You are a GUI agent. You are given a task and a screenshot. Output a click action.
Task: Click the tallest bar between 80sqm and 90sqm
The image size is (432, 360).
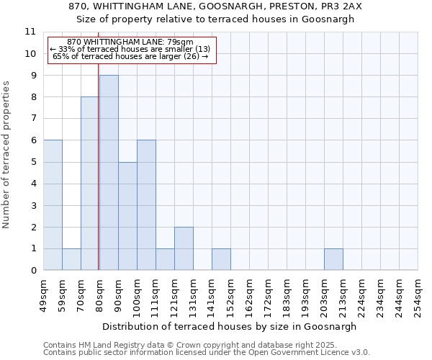click(x=109, y=173)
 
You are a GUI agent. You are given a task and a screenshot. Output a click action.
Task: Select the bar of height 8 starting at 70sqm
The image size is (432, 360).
click(x=90, y=184)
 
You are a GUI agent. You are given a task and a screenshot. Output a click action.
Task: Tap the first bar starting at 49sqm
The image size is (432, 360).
click(x=53, y=205)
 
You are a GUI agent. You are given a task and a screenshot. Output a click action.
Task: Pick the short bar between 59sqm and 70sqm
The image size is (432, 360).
click(x=71, y=259)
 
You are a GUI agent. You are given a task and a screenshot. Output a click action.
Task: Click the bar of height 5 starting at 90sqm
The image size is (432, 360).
click(x=127, y=216)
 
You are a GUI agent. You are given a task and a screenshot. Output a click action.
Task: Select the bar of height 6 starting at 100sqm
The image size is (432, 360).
click(x=146, y=205)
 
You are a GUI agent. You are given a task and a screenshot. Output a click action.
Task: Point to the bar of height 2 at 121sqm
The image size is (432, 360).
click(x=184, y=248)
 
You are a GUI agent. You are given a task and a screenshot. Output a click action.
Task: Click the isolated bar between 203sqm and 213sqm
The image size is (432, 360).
click(x=333, y=259)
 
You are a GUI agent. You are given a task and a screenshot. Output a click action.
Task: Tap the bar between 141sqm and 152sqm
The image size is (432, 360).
click(x=221, y=259)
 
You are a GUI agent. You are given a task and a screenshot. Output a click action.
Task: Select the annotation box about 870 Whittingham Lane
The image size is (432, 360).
click(x=132, y=50)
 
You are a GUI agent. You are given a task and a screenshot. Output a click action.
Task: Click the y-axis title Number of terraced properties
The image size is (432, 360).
click(x=6, y=155)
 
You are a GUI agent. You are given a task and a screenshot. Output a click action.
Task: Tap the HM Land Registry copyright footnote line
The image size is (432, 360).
click(x=206, y=345)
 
